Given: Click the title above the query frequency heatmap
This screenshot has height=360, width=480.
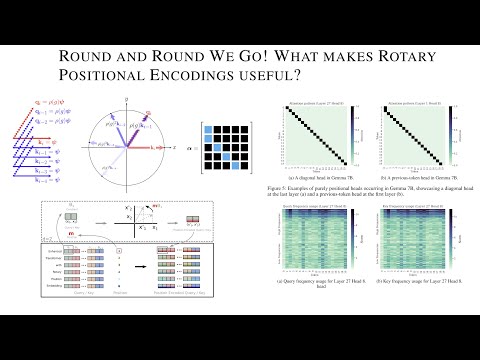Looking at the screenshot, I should [x=305, y=205].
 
